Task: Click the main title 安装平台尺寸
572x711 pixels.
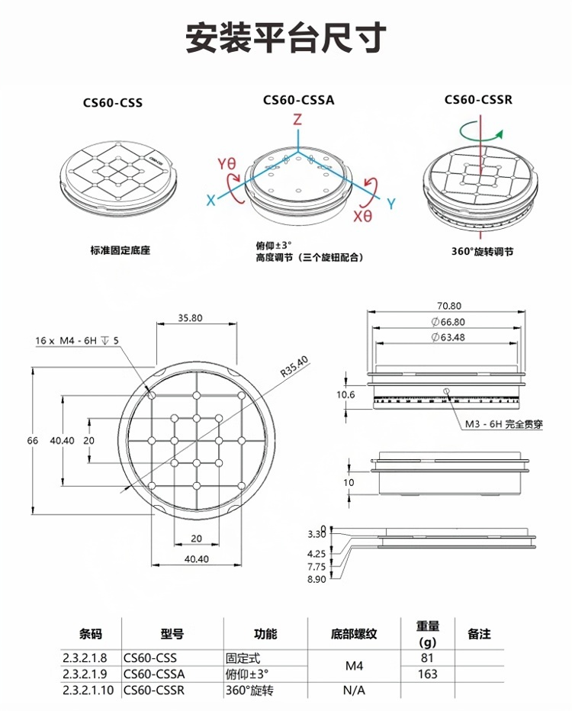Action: point(286,37)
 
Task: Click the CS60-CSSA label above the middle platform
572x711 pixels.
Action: point(298,99)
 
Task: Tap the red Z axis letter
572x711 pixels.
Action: point(298,120)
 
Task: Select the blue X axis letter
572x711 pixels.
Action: point(210,200)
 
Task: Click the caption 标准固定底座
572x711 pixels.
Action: point(120,250)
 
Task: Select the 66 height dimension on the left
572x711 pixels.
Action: point(32,441)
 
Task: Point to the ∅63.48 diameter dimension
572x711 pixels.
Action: point(448,336)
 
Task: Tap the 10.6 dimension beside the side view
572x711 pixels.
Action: point(346,394)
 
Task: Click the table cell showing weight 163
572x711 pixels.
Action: point(427,674)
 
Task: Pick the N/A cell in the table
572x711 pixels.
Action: point(353,690)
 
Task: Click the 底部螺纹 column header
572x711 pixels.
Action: point(354,634)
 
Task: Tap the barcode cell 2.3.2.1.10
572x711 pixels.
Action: point(88,690)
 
